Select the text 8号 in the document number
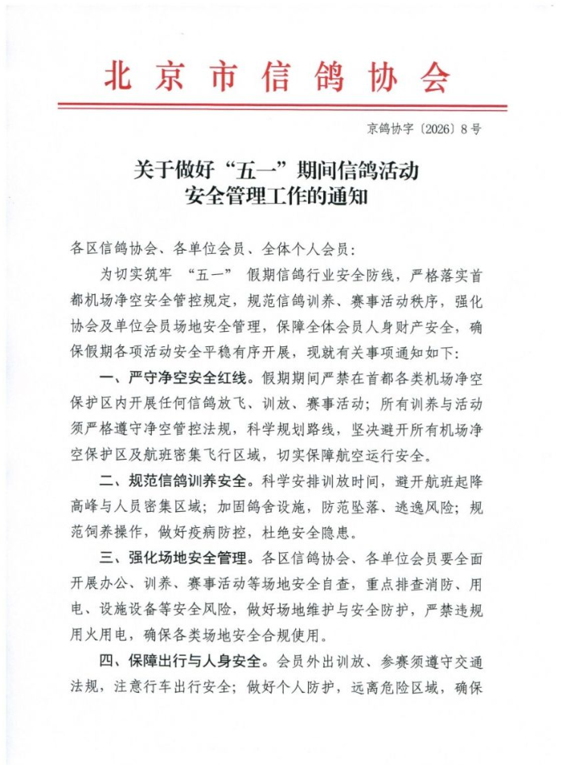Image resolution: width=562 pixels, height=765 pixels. point(471,129)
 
